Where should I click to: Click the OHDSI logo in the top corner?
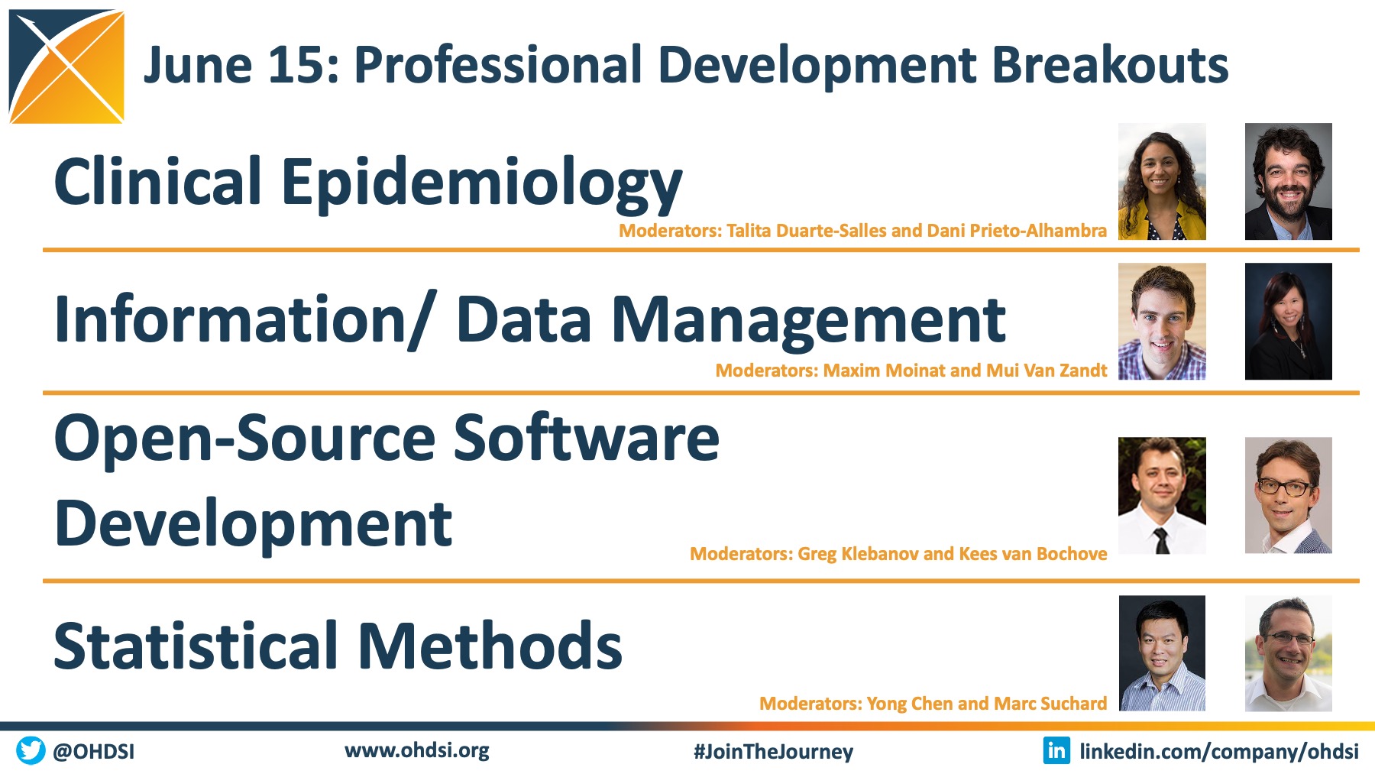pyautogui.click(x=66, y=66)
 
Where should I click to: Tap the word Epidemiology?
pyautogui.click(x=482, y=184)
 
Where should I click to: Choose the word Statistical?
pyautogui.click(x=196, y=646)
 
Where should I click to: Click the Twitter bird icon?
pyautogui.click(x=31, y=750)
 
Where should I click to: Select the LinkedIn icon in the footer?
pyautogui.click(x=1056, y=750)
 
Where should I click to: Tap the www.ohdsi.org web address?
pyautogui.click(x=417, y=750)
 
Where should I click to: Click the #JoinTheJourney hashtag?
pyautogui.click(x=773, y=752)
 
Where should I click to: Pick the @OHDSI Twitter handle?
pyautogui.click(x=93, y=751)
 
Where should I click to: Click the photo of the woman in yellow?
pyautogui.click(x=1162, y=182)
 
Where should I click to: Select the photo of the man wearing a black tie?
pyautogui.click(x=1162, y=495)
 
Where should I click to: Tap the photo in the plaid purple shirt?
pyautogui.click(x=1162, y=322)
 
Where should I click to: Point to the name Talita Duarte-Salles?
pyautogui.click(x=806, y=231)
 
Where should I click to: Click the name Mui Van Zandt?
pyautogui.click(x=1047, y=371)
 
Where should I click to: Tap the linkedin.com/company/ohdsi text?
pyautogui.click(x=1219, y=752)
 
